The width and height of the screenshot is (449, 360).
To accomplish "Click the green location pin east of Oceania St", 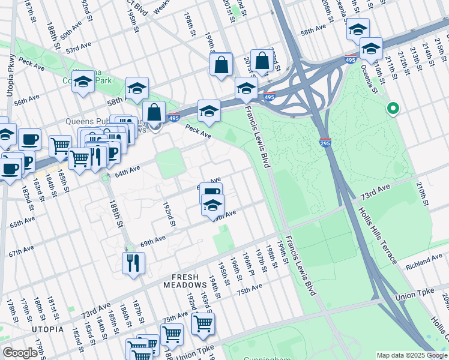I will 393,109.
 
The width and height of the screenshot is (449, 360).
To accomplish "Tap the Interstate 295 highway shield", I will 325,143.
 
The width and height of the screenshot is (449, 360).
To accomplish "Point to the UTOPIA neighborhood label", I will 48,329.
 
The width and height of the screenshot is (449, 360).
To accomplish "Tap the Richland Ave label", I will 424,262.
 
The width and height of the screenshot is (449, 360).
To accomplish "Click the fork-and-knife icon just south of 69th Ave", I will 133,263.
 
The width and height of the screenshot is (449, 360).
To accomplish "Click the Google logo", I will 20,353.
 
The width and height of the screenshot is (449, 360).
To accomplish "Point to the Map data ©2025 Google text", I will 412,355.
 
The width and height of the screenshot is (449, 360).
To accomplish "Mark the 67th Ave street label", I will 21,251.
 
